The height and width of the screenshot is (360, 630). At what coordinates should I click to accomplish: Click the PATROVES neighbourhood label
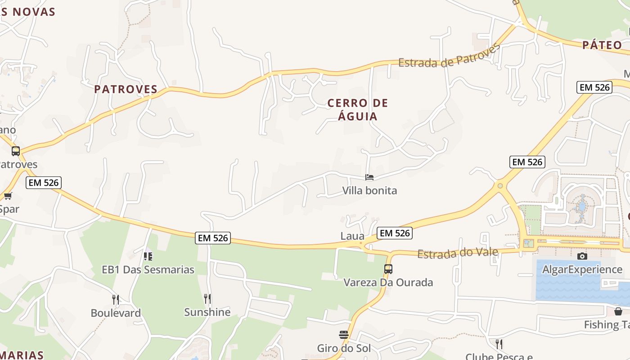(x=126, y=89)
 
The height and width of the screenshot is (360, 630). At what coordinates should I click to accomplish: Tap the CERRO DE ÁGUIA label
(x=358, y=109)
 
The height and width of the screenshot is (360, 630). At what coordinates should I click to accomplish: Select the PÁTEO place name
(x=602, y=45)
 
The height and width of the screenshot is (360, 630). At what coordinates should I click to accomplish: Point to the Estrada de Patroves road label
(x=449, y=57)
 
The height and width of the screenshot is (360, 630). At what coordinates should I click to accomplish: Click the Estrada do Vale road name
(x=458, y=253)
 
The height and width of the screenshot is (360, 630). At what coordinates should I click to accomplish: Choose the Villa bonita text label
(x=369, y=190)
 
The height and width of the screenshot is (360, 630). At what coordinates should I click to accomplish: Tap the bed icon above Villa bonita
(x=369, y=177)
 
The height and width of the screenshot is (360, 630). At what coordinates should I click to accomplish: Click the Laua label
(x=352, y=236)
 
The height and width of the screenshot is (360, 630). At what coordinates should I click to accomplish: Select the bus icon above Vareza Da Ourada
(x=388, y=269)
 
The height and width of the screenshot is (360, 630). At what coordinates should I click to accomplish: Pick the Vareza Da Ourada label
(x=388, y=283)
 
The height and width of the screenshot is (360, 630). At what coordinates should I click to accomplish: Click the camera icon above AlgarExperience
(x=582, y=256)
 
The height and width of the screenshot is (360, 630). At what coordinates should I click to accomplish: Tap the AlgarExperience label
(x=582, y=270)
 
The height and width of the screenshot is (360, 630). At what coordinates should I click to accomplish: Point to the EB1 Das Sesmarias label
(x=148, y=270)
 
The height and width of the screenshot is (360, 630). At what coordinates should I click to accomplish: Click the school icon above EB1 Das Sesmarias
(x=148, y=256)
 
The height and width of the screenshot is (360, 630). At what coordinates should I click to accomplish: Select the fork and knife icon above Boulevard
(x=116, y=299)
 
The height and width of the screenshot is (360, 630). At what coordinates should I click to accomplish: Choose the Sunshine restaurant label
(x=207, y=312)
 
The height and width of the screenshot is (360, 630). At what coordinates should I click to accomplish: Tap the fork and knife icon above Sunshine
(x=207, y=298)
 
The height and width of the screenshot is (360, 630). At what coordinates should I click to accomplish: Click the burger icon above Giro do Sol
(x=344, y=335)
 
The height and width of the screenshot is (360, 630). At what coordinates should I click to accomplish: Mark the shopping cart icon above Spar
(x=8, y=196)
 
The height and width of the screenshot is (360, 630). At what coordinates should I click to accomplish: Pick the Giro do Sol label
(x=344, y=348)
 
